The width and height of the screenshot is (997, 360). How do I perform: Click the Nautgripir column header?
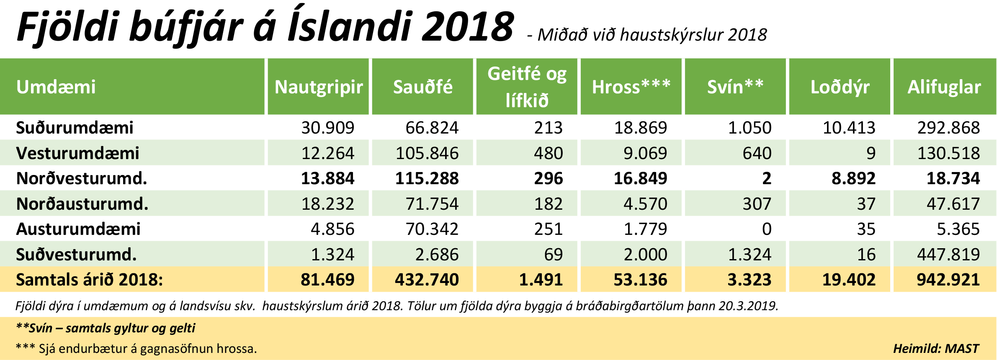(319, 87)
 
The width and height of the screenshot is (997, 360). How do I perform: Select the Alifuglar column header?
(944, 87)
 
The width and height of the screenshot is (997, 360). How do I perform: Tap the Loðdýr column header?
(840, 87)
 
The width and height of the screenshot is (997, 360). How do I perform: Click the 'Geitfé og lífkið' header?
(527, 87)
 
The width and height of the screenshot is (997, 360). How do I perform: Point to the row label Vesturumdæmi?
(77, 153)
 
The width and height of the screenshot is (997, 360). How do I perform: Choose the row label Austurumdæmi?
(78, 229)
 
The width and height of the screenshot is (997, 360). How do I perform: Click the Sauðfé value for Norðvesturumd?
(427, 179)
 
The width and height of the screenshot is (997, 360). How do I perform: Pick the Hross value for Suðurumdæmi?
(640, 128)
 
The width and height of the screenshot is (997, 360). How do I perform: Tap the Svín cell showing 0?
(766, 229)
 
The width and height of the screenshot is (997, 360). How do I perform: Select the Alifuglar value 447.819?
(948, 255)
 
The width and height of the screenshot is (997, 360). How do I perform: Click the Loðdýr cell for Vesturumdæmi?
(871, 153)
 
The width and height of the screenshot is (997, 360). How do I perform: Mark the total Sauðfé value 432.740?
(427, 280)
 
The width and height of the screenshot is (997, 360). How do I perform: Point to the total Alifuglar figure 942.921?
(948, 280)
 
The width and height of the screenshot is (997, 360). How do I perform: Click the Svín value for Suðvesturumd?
(750, 255)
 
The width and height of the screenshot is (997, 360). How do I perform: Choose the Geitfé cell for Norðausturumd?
(548, 204)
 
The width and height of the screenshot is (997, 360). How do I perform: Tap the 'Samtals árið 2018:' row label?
(89, 280)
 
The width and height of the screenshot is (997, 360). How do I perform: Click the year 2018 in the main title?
(468, 27)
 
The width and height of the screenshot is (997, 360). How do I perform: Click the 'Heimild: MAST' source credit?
(936, 349)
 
